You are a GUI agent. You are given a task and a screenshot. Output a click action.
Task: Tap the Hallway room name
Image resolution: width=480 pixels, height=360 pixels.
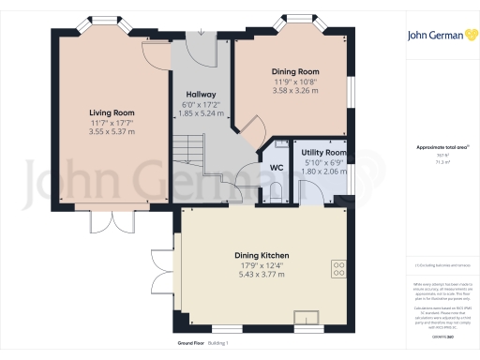coord(201,95)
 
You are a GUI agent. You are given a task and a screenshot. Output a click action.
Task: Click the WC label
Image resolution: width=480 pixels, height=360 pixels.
coord(277,168)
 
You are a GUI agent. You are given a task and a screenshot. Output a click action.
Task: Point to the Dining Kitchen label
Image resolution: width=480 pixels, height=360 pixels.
coord(262,256)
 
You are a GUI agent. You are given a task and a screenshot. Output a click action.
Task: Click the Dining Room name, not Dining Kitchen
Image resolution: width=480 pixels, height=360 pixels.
coord(295,71)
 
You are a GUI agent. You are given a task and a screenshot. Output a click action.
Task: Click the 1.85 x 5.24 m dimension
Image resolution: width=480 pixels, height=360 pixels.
coord(201,114)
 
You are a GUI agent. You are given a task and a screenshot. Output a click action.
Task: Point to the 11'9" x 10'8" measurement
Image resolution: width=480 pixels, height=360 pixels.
coord(295,82)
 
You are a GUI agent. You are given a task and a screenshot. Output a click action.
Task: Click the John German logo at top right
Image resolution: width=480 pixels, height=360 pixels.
coord(438,35)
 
